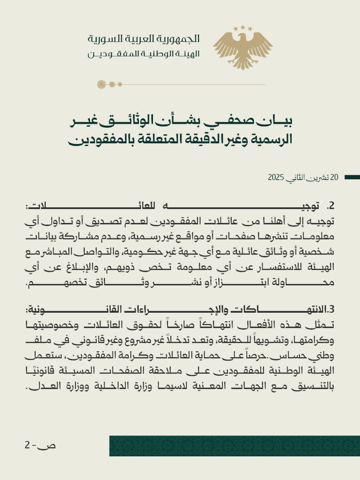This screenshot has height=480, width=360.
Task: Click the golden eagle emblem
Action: tap(243, 47)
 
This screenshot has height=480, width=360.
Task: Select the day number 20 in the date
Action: tap(334, 177)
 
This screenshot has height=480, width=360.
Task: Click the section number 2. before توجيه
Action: tap(330, 206)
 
